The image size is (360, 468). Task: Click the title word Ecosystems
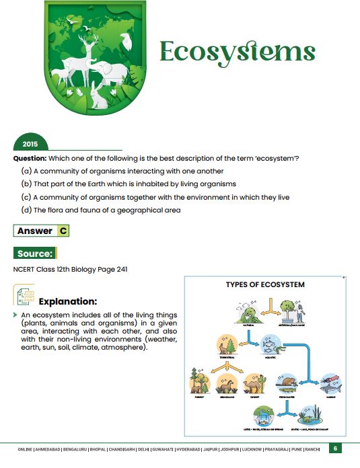point(236,52)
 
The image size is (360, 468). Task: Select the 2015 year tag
point(30,144)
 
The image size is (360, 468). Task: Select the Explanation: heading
point(68,301)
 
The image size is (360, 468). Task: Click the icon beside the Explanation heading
point(23,296)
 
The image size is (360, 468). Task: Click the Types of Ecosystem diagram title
point(264,284)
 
